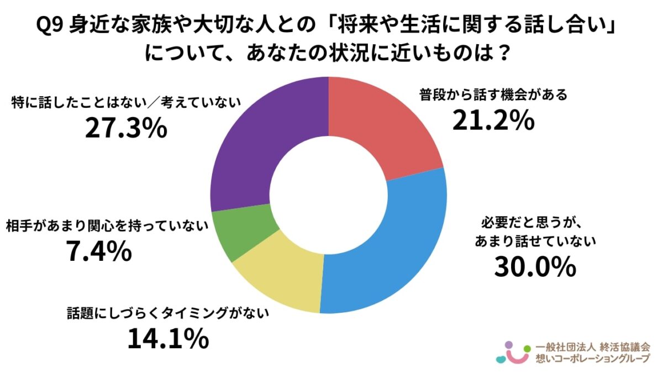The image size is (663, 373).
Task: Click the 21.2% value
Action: point(493,120)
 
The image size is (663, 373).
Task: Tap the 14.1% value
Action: point(168,339)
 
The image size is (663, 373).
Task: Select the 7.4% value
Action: point(98,252)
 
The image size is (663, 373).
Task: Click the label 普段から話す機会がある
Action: point(493,96)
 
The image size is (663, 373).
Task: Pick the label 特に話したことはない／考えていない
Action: point(126,103)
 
